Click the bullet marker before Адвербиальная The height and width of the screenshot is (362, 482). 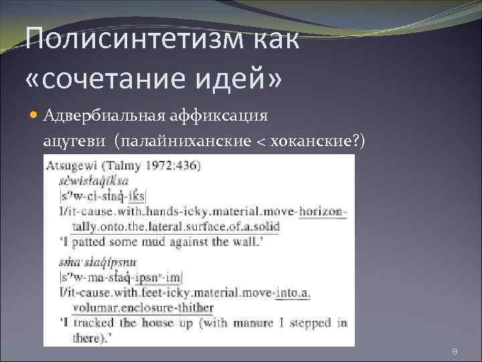point(34,115)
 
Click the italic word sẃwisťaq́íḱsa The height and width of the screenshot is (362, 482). point(94,180)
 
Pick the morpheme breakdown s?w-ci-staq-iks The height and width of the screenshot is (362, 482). point(103,196)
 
